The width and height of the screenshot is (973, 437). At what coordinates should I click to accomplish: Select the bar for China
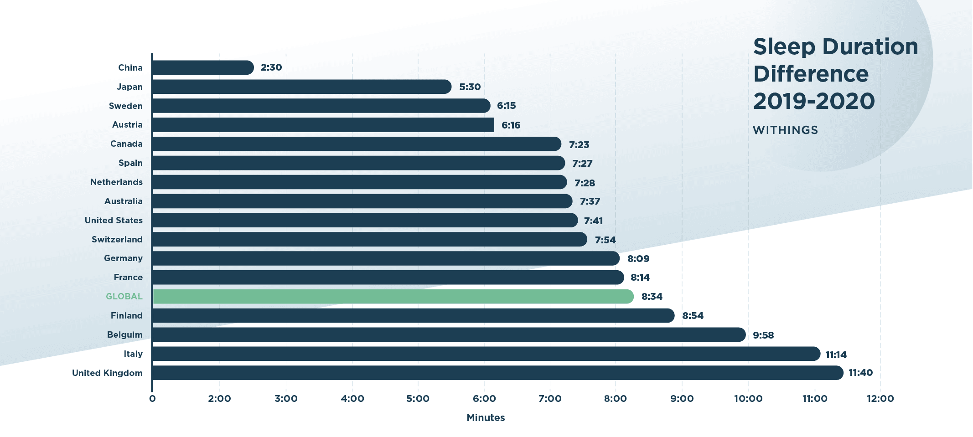(x=203, y=67)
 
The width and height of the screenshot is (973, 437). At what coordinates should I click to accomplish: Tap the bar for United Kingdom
(x=497, y=373)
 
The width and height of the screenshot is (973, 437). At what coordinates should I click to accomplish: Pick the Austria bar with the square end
(x=323, y=125)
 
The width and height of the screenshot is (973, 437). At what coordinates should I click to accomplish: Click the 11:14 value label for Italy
(x=836, y=355)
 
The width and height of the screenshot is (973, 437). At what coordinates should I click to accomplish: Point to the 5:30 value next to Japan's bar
(x=470, y=87)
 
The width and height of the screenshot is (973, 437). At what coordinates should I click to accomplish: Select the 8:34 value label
(x=652, y=297)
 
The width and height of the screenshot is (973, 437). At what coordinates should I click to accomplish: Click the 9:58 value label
(x=763, y=335)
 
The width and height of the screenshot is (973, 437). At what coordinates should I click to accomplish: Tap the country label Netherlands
(x=116, y=182)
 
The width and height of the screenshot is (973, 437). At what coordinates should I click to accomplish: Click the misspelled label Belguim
(x=124, y=335)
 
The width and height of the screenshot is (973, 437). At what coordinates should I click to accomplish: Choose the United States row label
(x=114, y=221)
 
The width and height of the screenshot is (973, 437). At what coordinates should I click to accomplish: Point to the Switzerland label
(x=117, y=240)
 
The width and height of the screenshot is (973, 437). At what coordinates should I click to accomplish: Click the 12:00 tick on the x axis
(x=880, y=399)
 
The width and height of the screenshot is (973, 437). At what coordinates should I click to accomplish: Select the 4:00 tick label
(x=352, y=399)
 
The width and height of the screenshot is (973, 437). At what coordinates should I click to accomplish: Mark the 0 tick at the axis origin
(x=152, y=399)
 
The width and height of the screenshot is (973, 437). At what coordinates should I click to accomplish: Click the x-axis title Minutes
(x=486, y=418)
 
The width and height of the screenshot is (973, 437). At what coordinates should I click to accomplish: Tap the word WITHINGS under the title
(x=785, y=130)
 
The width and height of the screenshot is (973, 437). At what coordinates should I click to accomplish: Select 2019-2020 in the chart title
(x=814, y=101)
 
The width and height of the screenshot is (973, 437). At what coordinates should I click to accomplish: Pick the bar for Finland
(x=413, y=316)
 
